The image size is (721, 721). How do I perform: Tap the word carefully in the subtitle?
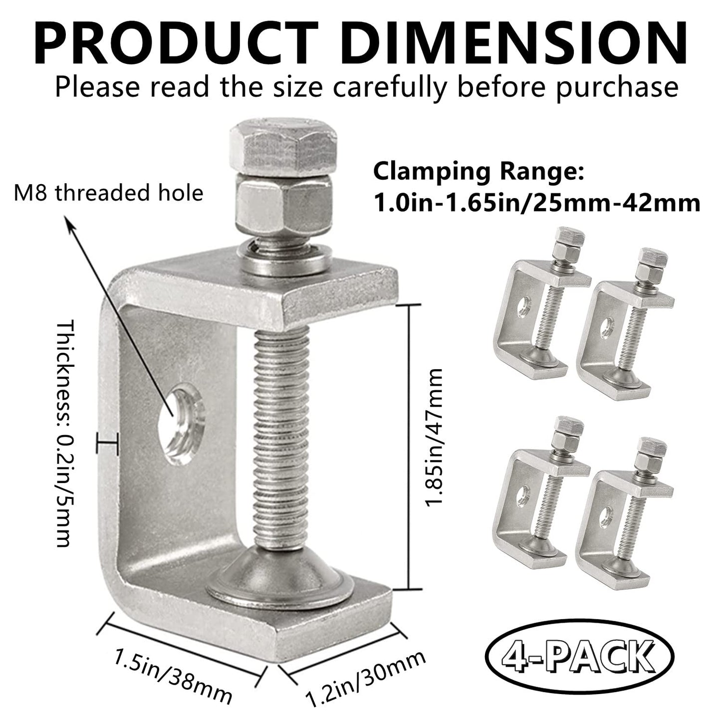point(404,86)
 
